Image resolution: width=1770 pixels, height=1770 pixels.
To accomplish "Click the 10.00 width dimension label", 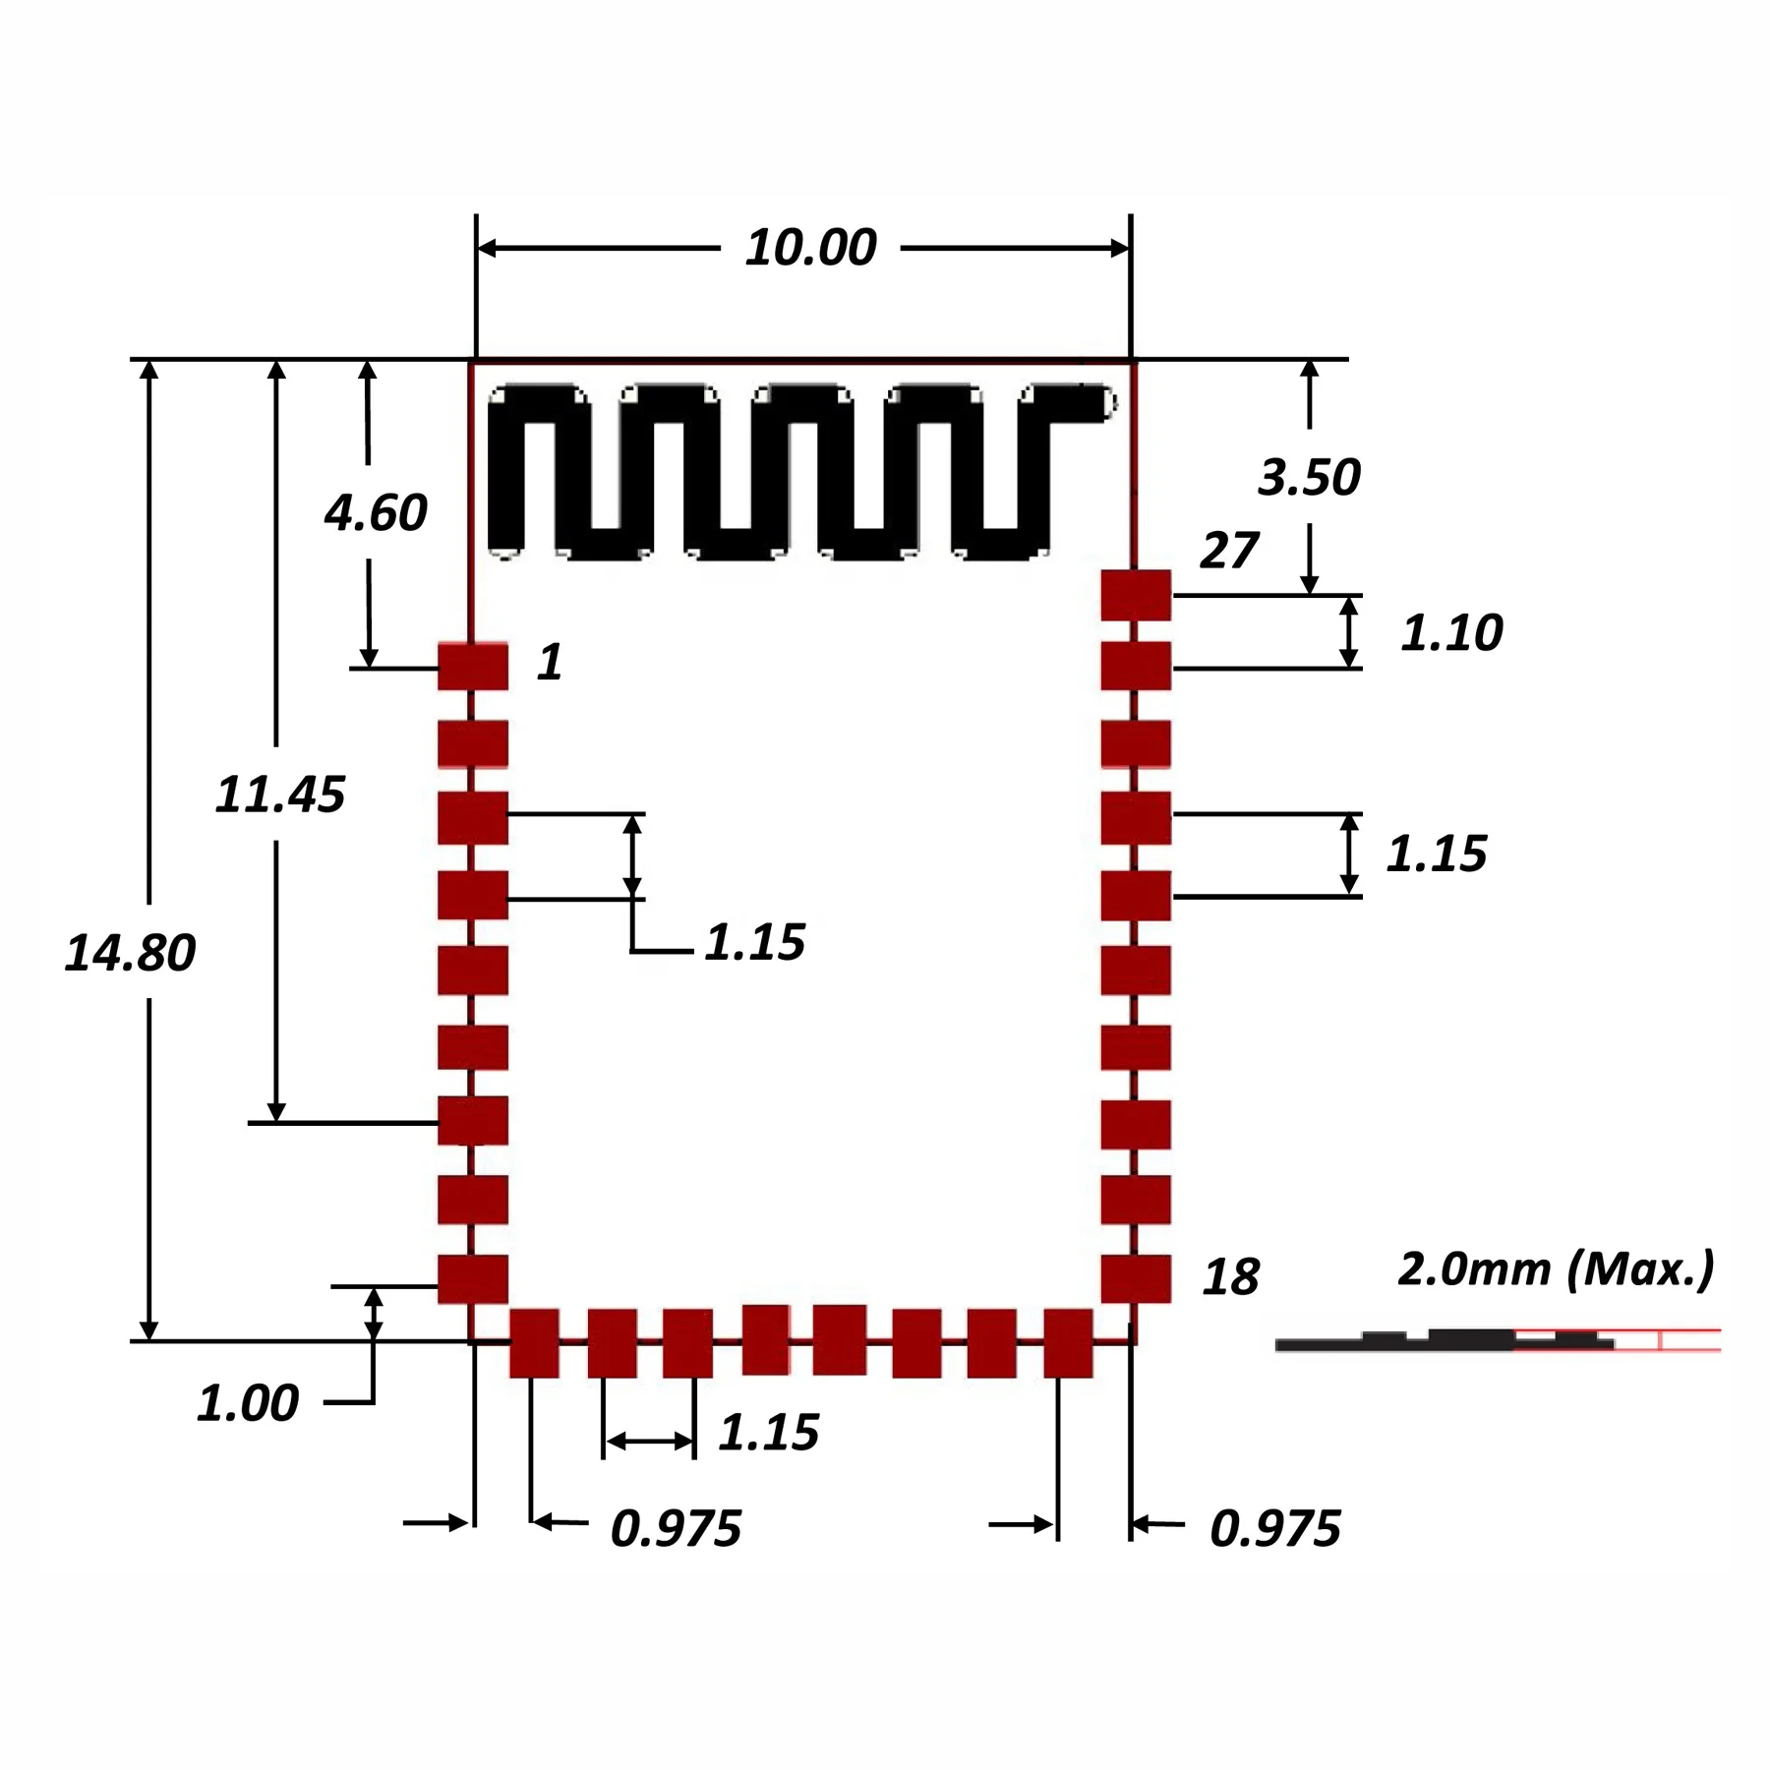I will tap(810, 248).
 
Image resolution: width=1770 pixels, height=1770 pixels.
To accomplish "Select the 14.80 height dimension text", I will tap(130, 953).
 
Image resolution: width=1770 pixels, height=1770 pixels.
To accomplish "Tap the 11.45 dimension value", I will tap(280, 795).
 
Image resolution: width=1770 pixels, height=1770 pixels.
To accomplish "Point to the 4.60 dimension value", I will tap(376, 512).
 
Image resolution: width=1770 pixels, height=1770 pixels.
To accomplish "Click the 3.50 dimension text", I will tap(1309, 477).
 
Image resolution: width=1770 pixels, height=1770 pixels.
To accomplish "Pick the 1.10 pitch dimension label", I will tap(1451, 632).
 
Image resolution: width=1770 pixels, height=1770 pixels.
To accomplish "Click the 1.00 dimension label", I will tap(248, 1403).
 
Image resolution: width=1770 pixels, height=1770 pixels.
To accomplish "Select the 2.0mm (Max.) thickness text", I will tap(1556, 1268).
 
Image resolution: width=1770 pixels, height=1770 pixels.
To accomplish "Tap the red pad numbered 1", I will tap(473, 667).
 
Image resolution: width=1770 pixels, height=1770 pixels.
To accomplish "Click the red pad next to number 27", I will tap(1136, 595).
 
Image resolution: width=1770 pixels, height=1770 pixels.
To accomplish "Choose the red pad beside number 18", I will tap(1136, 1278).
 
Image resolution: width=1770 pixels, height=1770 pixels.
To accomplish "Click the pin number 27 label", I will tap(1228, 551).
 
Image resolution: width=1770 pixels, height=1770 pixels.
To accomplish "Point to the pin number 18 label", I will tap(1230, 1277).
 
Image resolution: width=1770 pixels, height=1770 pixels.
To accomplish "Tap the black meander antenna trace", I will tap(787, 472).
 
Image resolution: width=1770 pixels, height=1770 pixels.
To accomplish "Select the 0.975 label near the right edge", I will tap(1274, 1528).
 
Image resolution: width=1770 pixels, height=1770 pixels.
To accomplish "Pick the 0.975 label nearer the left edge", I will tap(676, 1528).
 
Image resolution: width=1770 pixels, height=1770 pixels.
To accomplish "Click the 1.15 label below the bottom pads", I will tap(768, 1433).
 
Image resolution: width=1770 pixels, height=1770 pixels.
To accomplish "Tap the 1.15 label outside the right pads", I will tap(1437, 854).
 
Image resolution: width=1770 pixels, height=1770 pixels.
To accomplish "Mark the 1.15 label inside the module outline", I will tap(754, 942).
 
